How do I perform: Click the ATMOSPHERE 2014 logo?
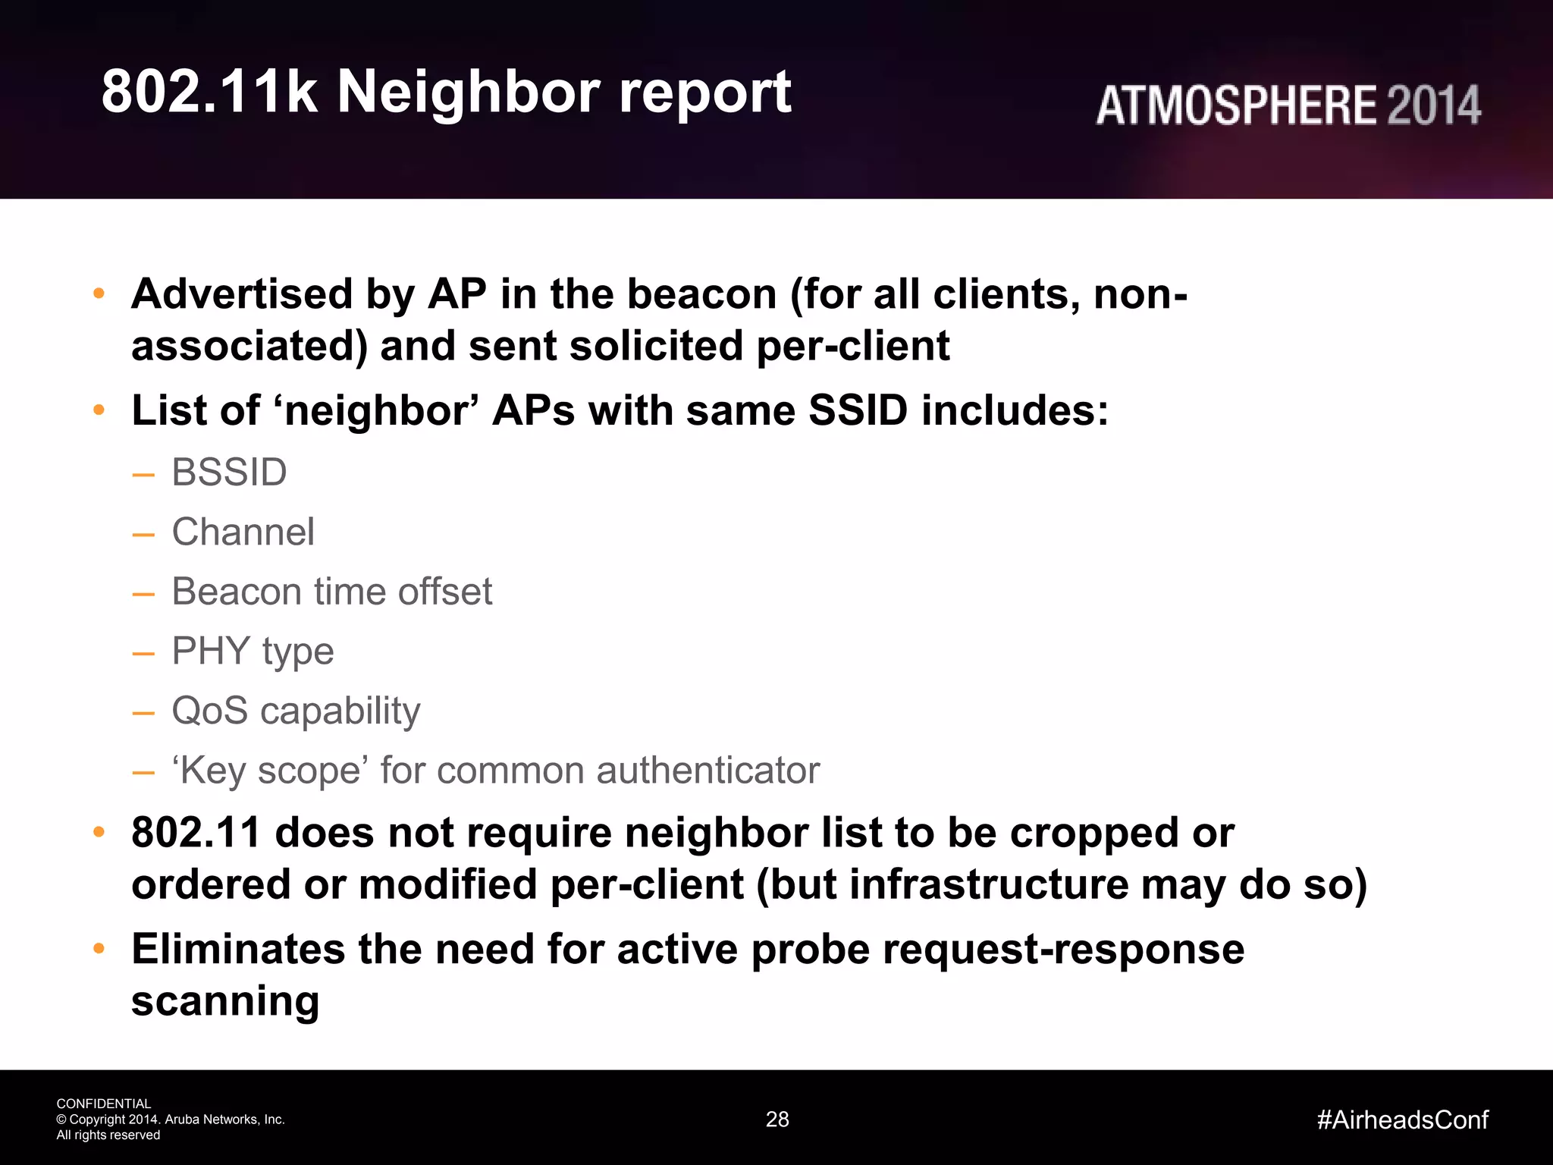click(1288, 105)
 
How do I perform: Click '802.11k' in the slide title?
click(209, 93)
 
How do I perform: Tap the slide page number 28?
click(777, 1119)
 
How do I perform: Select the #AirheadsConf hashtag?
click(1402, 1119)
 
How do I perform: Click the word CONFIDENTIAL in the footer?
click(104, 1104)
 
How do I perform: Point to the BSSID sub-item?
click(229, 473)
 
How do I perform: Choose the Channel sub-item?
click(243, 532)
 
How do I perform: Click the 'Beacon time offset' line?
click(331, 592)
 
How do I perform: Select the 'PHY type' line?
click(253, 652)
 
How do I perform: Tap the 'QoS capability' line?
click(296, 711)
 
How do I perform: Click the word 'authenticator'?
click(708, 771)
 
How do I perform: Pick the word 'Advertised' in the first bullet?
click(242, 294)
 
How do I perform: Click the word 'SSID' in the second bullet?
click(858, 410)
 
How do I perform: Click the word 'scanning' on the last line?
click(225, 1001)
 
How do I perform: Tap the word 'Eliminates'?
click(237, 950)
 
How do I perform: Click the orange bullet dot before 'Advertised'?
click(99, 294)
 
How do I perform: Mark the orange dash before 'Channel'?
click(143, 534)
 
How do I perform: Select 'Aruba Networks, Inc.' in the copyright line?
click(224, 1119)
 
